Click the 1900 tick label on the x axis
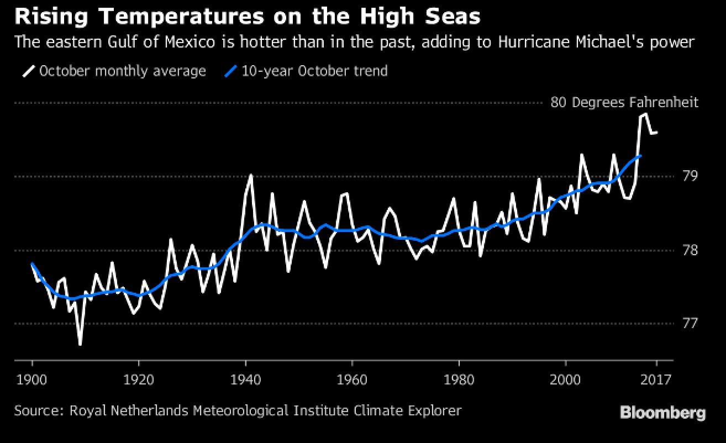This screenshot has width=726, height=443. (x=32, y=380)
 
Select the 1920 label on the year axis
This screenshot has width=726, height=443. (x=139, y=380)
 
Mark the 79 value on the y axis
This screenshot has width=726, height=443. (x=691, y=176)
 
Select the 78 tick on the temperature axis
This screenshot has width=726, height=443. (x=691, y=250)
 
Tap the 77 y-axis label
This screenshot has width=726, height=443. (x=691, y=323)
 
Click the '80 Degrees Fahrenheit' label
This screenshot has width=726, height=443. (x=624, y=103)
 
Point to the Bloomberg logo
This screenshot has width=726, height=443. (x=662, y=413)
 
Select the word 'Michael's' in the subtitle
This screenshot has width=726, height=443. (x=595, y=42)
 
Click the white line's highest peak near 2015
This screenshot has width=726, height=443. (x=645, y=114)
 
